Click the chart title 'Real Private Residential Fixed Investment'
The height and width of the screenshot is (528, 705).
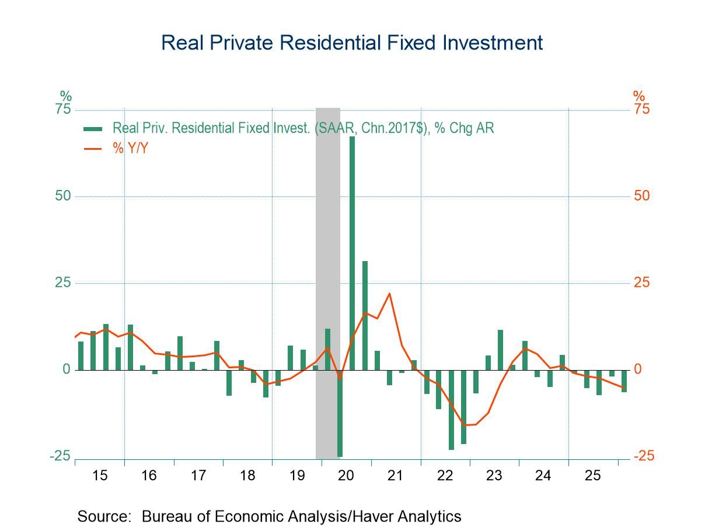point(352,43)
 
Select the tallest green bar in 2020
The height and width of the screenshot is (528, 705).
point(352,253)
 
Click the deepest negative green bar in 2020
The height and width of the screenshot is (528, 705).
point(340,413)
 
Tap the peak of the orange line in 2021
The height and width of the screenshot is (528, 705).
point(389,293)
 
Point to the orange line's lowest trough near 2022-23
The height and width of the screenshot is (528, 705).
point(464,425)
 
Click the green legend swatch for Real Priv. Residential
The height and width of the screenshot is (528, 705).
point(93,129)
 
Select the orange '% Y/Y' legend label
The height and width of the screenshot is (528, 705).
point(130,149)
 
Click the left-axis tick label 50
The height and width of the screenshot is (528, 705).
point(62,196)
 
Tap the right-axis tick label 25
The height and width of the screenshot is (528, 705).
point(642,283)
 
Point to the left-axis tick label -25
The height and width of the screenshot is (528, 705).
point(60,456)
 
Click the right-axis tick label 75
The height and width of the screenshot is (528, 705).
point(642,109)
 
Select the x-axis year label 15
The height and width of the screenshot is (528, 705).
point(100,476)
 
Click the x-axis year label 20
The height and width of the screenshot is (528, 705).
point(345,476)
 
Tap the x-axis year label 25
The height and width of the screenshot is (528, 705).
point(592,476)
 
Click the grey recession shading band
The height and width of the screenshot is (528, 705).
point(327,283)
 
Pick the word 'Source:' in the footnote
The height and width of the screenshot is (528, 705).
point(104,516)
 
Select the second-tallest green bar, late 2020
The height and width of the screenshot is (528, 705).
point(365,315)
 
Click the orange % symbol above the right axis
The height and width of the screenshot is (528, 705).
point(639,96)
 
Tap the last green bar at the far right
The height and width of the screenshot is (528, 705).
point(624,381)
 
